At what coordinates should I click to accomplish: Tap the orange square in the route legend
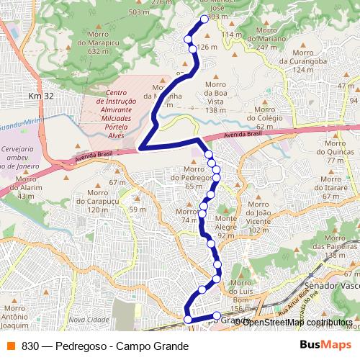click(x=11, y=346)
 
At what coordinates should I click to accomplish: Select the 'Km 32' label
click(x=41, y=96)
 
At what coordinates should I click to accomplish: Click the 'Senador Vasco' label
click(x=330, y=287)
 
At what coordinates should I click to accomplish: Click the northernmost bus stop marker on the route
click(x=204, y=19)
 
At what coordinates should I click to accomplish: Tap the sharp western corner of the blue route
click(x=140, y=148)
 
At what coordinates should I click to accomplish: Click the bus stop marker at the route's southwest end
click(x=188, y=319)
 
